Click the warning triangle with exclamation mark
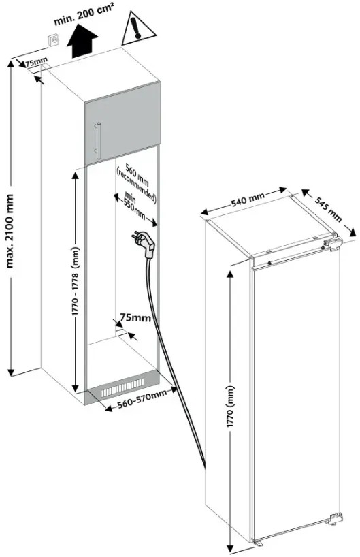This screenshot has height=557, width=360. [x=139, y=29]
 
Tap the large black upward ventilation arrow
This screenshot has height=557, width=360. [x=82, y=42]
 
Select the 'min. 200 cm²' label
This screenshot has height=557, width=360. [x=84, y=14]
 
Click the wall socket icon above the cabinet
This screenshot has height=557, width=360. [x=54, y=40]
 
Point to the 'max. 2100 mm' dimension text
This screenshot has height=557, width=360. [x=10, y=231]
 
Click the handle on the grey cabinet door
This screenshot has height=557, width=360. [x=98, y=141]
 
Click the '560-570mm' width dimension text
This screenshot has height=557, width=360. [x=142, y=399]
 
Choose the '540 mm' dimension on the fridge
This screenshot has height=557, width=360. [x=248, y=200]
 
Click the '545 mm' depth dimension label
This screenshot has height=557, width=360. [x=329, y=209]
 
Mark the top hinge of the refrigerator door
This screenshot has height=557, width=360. [x=331, y=244]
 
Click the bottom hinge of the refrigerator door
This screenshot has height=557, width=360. [x=335, y=518]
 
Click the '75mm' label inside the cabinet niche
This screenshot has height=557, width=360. [x=135, y=317]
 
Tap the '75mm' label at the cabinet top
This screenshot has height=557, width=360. [x=35, y=61]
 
